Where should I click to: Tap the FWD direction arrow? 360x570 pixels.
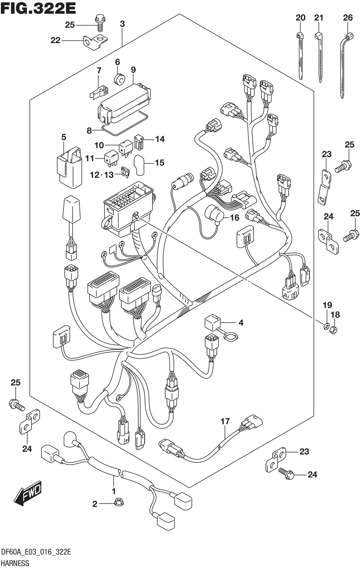[28, 492]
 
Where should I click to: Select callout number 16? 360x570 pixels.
[234, 218]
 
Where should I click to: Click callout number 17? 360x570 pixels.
[225, 421]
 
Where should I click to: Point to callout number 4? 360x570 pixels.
[240, 323]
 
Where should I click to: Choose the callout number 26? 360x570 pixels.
[347, 17]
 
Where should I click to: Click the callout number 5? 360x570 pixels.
[64, 137]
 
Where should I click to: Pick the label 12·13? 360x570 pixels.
[102, 175]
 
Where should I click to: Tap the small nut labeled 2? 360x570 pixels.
[117, 502]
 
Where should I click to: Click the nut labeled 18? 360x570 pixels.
[333, 329]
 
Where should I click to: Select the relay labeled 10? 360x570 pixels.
[125, 147]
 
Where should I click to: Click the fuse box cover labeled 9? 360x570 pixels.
[124, 101]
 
